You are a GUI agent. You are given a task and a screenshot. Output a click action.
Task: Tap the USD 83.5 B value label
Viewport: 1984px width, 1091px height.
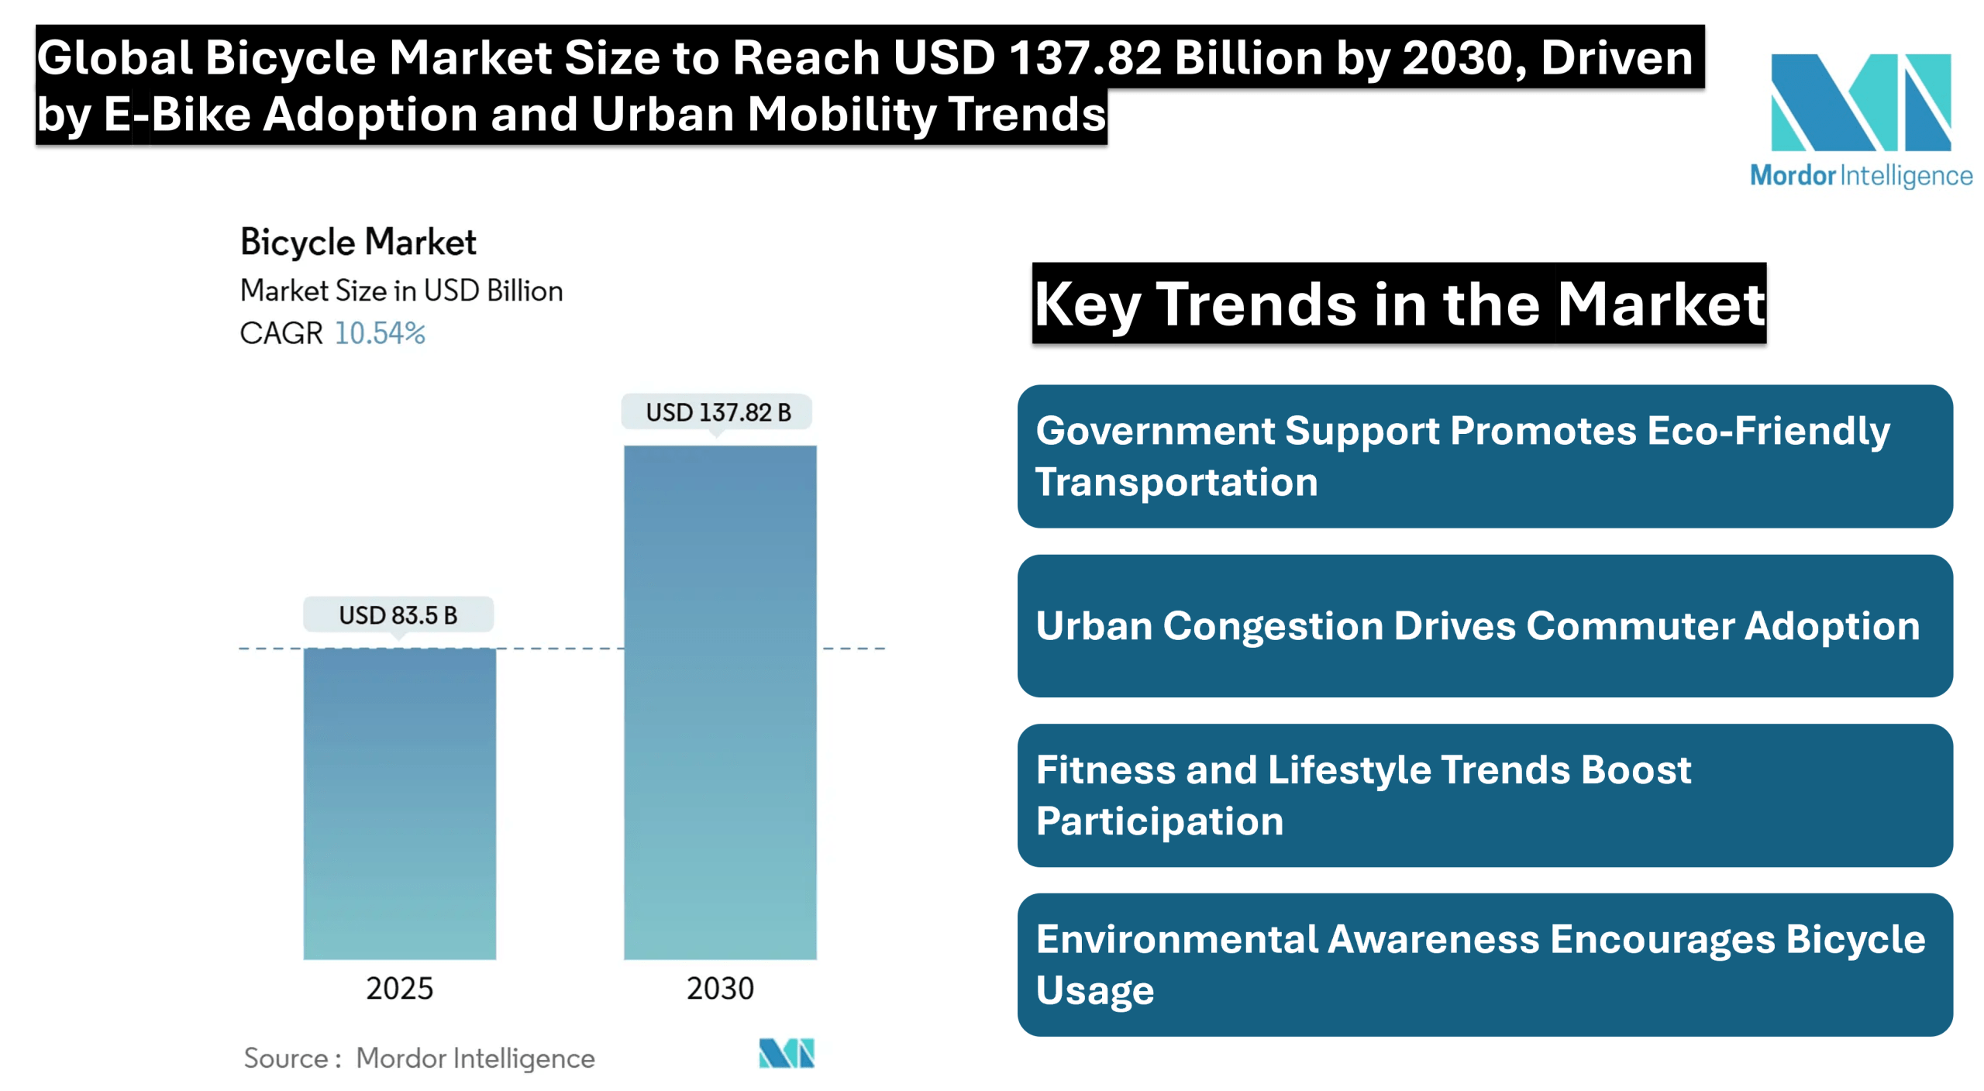tap(398, 615)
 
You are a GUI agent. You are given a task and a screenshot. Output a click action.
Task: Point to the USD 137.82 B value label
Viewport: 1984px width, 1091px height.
tap(718, 412)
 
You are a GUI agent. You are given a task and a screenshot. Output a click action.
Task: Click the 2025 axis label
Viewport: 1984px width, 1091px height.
tap(399, 989)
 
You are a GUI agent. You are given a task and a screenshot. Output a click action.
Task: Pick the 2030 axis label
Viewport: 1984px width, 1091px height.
tap(720, 989)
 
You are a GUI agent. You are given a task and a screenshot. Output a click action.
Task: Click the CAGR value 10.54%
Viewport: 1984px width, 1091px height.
tap(380, 333)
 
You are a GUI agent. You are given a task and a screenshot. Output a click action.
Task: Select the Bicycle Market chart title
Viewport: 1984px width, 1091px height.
tap(358, 243)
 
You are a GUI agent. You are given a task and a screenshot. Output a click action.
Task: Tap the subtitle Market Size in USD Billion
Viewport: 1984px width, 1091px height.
tap(401, 291)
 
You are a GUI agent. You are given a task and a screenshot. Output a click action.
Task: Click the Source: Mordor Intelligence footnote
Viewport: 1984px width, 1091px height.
tap(419, 1058)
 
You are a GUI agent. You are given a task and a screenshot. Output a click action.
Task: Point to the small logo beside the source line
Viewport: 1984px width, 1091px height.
tap(787, 1054)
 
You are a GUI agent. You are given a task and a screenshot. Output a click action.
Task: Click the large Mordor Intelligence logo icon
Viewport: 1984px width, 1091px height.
tap(1861, 102)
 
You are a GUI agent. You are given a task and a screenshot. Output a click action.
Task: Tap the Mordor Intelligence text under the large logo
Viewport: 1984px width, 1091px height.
tap(1861, 177)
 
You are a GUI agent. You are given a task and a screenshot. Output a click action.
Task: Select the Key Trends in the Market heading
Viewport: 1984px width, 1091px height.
tap(1399, 305)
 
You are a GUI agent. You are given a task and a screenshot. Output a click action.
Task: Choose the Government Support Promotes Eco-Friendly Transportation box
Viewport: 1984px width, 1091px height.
tap(1485, 456)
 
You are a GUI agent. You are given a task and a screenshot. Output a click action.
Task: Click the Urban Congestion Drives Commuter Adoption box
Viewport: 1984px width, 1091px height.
tap(1485, 626)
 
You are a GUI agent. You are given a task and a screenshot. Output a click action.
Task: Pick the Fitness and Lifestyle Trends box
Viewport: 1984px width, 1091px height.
tap(1485, 795)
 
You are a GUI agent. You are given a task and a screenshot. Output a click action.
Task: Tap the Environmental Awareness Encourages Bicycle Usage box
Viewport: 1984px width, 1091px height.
tap(1485, 965)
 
